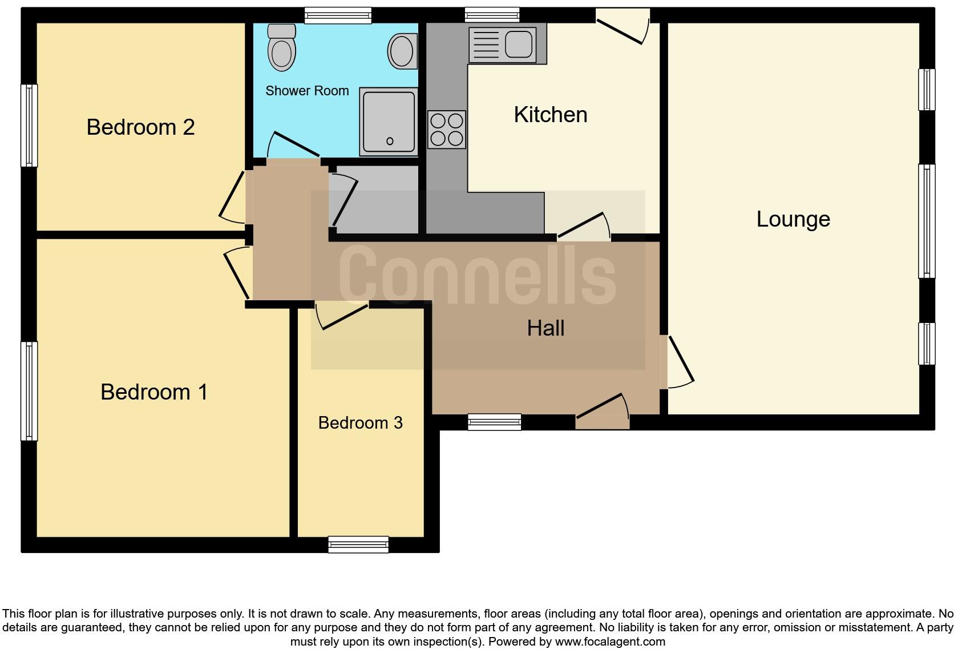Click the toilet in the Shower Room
(x=282, y=49)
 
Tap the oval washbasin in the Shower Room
(x=402, y=51)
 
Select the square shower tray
(x=389, y=122)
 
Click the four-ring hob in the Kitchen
(x=447, y=130)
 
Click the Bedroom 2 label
(x=140, y=127)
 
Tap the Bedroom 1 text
(x=154, y=392)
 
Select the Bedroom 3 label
(x=360, y=423)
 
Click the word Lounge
(x=793, y=219)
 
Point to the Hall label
(x=545, y=328)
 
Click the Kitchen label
(x=550, y=115)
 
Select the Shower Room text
(x=307, y=91)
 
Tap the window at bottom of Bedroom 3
(x=358, y=545)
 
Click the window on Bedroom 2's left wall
(x=29, y=126)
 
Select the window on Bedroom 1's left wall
(x=29, y=391)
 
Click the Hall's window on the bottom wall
(x=494, y=422)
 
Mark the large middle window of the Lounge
(x=927, y=221)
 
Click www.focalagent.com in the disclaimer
(x=610, y=642)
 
